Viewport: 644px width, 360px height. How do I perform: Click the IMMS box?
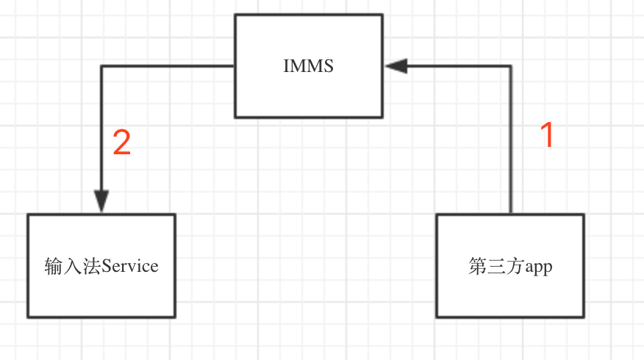(x=309, y=66)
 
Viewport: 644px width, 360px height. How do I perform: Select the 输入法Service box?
(x=101, y=266)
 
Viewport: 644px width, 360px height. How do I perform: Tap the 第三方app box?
(x=510, y=266)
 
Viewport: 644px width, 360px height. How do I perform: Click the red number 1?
(x=547, y=134)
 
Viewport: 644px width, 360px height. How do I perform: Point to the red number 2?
(x=121, y=142)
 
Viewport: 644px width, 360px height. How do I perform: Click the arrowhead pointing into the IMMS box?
(x=396, y=65)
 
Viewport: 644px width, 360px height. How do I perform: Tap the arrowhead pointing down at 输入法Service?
(x=101, y=201)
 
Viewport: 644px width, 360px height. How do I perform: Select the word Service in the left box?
(x=130, y=266)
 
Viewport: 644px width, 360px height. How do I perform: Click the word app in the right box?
(x=538, y=267)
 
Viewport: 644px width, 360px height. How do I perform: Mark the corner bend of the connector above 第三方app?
(x=511, y=65)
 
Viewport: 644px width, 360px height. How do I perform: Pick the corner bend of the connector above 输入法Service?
(x=101, y=65)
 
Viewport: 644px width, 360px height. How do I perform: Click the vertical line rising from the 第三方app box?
(x=511, y=140)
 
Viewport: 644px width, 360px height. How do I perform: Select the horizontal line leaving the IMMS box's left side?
(x=168, y=65)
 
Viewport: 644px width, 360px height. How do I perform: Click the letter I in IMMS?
(x=287, y=66)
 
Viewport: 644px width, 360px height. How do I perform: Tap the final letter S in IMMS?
(x=329, y=66)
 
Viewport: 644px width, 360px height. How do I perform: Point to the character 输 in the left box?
(x=54, y=266)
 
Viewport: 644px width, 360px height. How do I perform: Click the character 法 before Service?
(x=92, y=266)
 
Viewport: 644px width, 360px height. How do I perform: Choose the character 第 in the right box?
(x=478, y=266)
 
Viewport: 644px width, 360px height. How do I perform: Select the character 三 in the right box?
(x=496, y=266)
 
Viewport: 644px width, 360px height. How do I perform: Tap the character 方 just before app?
(x=515, y=266)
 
